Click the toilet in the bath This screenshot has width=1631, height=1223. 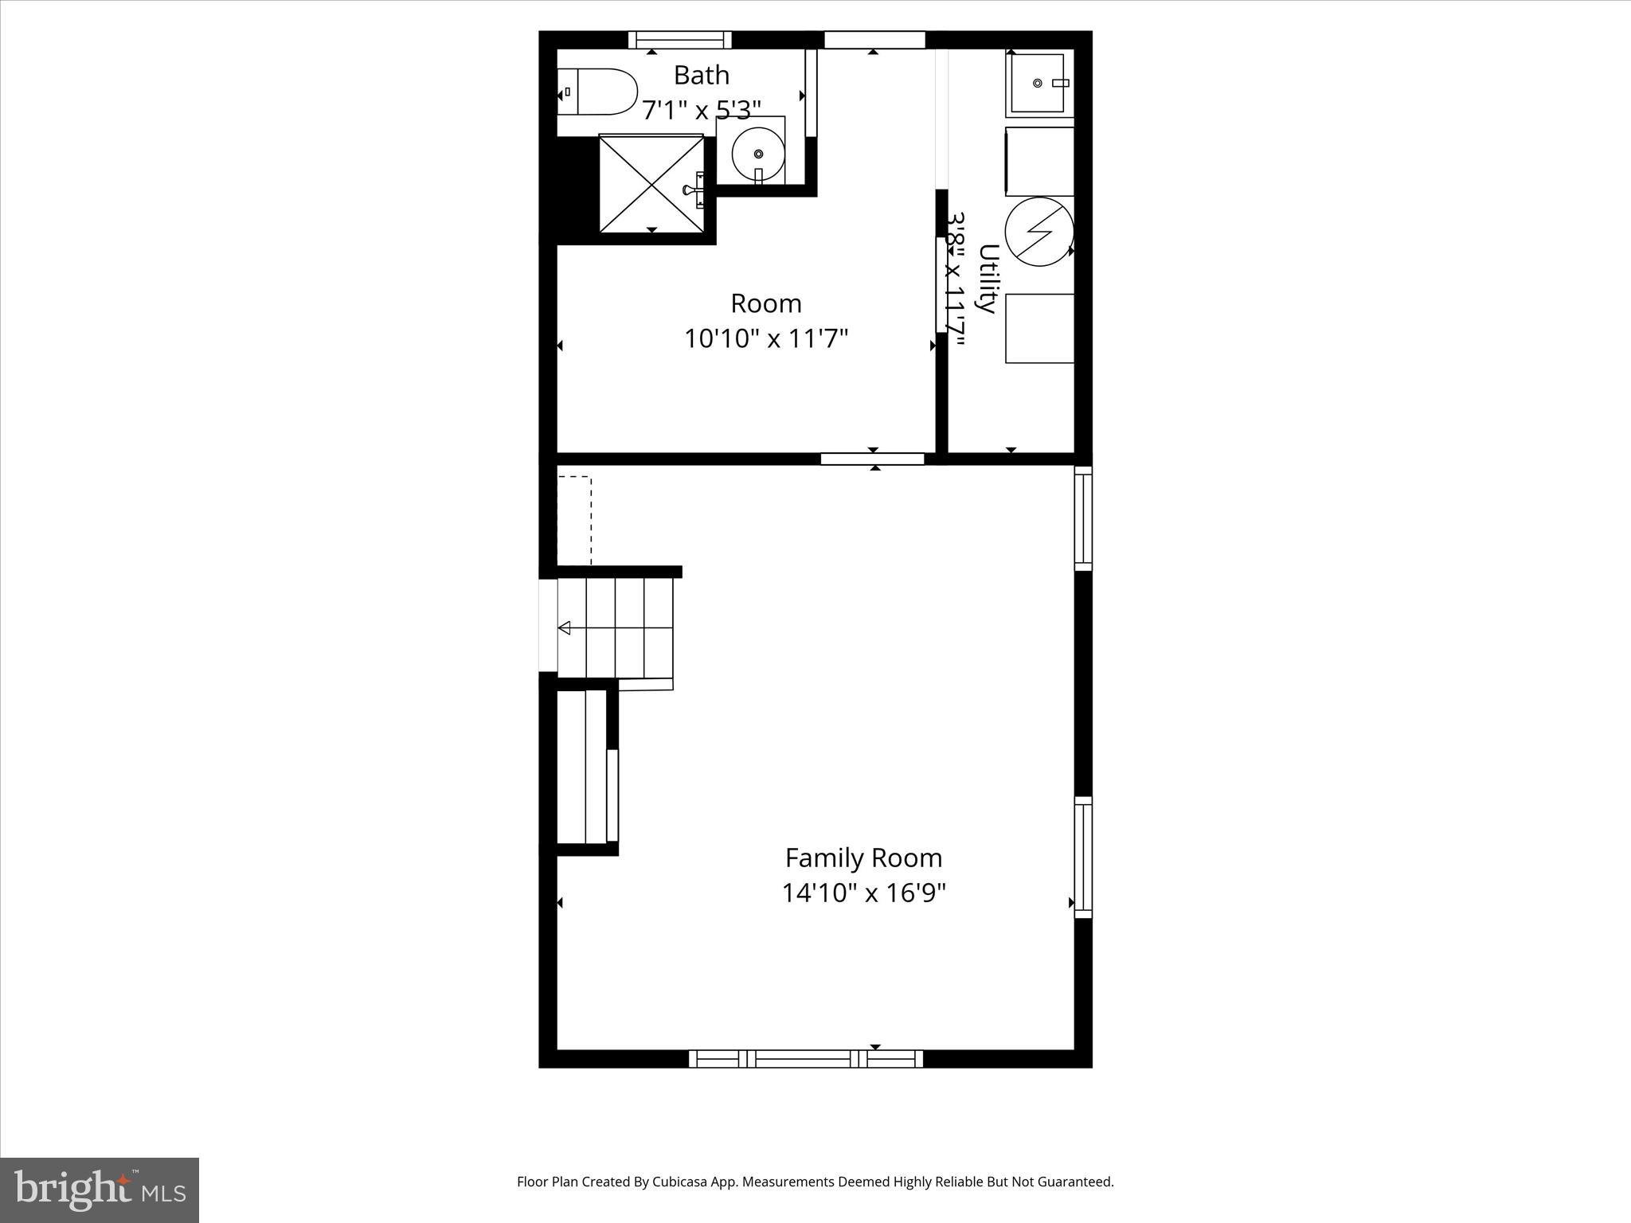(599, 92)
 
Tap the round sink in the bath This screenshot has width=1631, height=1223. (757, 153)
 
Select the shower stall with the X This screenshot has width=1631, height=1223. (652, 184)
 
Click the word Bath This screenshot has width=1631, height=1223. (701, 75)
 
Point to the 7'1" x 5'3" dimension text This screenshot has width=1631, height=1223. (701, 110)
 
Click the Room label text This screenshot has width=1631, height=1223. (765, 303)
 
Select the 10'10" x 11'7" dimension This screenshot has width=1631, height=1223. (765, 338)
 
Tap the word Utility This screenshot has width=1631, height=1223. (988, 279)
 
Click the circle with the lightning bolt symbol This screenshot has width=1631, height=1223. (1038, 231)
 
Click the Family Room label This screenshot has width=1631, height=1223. (863, 858)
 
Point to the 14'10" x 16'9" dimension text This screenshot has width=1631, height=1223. (863, 893)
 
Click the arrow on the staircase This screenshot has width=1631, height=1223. (565, 628)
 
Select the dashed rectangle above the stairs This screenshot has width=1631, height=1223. (574, 521)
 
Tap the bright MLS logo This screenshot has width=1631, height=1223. (100, 1190)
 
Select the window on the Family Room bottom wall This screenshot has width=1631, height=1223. (805, 1059)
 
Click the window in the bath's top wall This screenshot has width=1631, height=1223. (679, 40)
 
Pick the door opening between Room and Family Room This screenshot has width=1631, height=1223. (872, 459)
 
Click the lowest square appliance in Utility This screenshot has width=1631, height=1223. (1038, 329)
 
